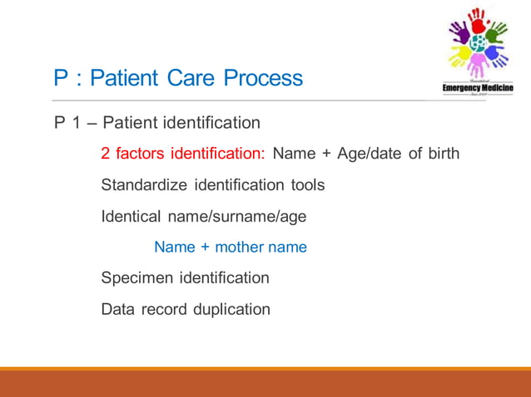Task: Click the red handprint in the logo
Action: [x=477, y=22]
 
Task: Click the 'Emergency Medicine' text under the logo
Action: [x=478, y=88]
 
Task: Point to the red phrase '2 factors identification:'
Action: [x=183, y=154]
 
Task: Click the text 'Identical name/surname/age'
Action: [x=204, y=216]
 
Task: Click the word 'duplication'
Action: [x=231, y=310]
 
